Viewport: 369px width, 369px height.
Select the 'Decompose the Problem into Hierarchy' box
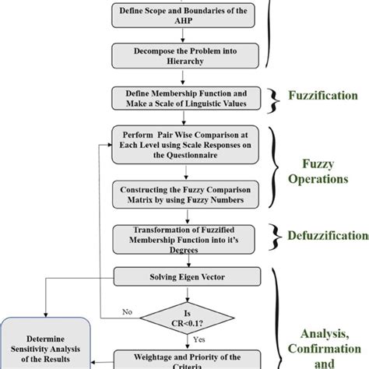181,57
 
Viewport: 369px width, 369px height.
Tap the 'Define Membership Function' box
181,99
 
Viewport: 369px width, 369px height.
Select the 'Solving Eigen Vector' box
181,276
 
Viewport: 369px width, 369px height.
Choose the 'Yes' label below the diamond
200,340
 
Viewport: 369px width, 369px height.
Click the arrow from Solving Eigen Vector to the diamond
181,293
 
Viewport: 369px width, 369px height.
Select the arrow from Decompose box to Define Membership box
181,78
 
